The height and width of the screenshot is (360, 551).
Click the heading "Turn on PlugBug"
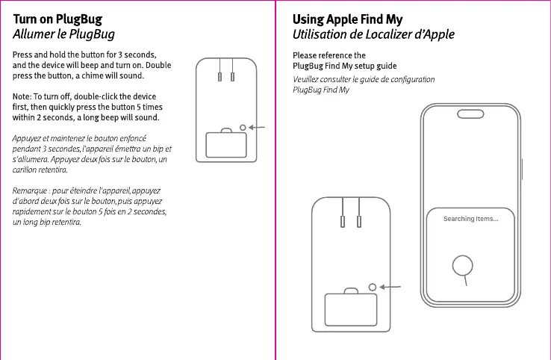coord(57,19)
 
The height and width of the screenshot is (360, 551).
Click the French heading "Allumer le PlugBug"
coord(63,34)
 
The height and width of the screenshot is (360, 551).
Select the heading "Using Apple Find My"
coord(347,19)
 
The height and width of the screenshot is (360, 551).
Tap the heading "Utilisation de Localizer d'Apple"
coord(373,34)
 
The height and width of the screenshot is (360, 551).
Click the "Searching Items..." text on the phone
coord(470,219)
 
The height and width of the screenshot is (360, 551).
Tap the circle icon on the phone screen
coord(464,264)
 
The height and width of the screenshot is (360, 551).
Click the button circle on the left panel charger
coord(243,128)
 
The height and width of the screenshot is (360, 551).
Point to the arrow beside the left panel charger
coord(258,128)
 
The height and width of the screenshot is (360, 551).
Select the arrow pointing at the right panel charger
coord(391,287)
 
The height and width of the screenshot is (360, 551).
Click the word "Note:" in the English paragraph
coord(22,97)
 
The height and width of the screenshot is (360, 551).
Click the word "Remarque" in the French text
coord(31,191)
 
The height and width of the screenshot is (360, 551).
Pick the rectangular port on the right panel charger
coord(350,308)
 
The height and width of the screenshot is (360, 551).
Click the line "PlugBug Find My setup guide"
coord(344,66)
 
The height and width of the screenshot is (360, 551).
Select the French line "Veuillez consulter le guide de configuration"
coord(364,79)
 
